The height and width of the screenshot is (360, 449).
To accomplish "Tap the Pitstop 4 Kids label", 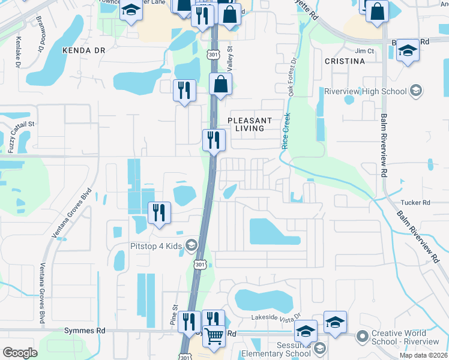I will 157,245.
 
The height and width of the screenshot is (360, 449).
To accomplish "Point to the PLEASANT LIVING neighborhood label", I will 249,124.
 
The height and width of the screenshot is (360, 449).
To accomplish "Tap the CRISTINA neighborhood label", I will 345,61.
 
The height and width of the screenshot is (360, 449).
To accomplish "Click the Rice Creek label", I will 286,131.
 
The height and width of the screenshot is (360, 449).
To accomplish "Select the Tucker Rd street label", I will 418,203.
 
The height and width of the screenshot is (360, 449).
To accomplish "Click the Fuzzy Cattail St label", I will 13,135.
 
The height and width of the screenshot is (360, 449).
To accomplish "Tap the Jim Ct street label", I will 364,51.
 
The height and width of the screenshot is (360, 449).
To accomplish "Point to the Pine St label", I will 175,315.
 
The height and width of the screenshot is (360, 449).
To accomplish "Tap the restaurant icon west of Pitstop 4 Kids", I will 160,213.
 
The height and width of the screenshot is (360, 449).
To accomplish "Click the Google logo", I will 20,352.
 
